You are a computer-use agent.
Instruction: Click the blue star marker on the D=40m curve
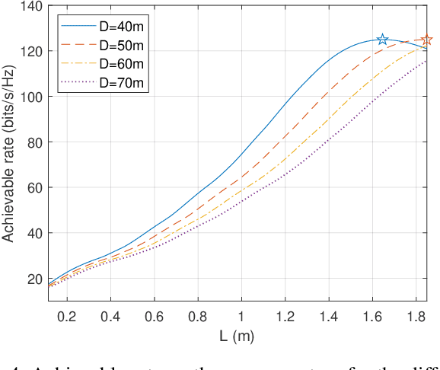tap(383, 40)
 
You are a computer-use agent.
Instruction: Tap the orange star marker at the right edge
tap(426, 40)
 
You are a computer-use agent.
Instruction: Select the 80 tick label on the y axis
tap(33, 142)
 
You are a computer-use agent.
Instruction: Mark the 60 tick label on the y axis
tap(33, 187)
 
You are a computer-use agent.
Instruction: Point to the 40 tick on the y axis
tap(33, 233)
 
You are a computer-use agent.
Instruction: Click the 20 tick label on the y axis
tap(33, 279)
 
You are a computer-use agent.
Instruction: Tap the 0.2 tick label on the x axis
tap(68, 314)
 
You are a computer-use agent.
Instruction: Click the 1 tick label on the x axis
tap(242, 314)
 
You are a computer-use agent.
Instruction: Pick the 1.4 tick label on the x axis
tap(329, 314)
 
